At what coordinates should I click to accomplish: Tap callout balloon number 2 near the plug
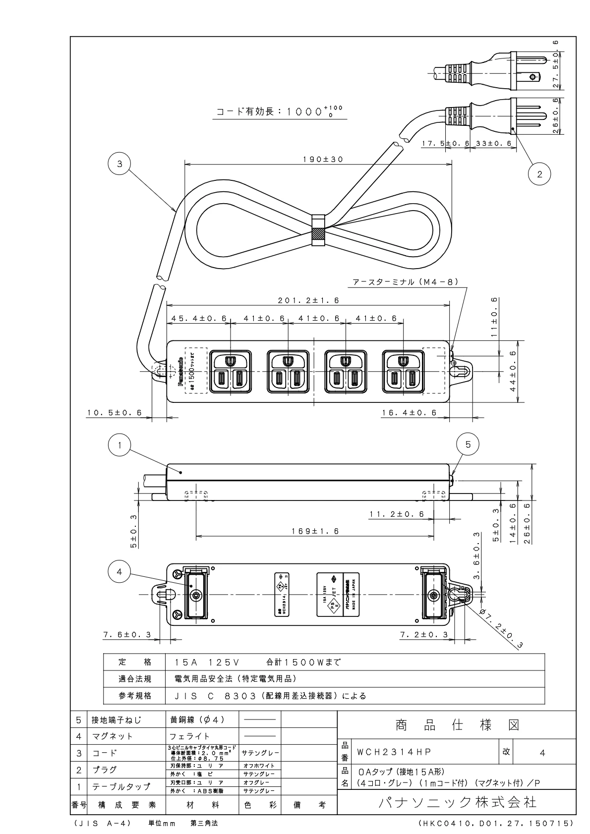point(539,173)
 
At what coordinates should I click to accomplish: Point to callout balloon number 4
point(119,572)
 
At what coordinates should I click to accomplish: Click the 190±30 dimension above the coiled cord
point(323,160)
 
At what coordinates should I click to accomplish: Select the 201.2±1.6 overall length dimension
point(308,300)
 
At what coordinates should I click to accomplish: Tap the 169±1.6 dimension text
point(315,531)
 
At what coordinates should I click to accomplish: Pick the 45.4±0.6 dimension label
point(199,319)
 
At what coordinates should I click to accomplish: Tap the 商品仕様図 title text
point(457,725)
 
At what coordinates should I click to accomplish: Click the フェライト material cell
point(190,736)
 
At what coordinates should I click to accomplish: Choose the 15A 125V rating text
point(208,662)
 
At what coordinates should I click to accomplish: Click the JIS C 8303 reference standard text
point(270,696)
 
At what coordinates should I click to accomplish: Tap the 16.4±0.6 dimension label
point(410,413)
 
